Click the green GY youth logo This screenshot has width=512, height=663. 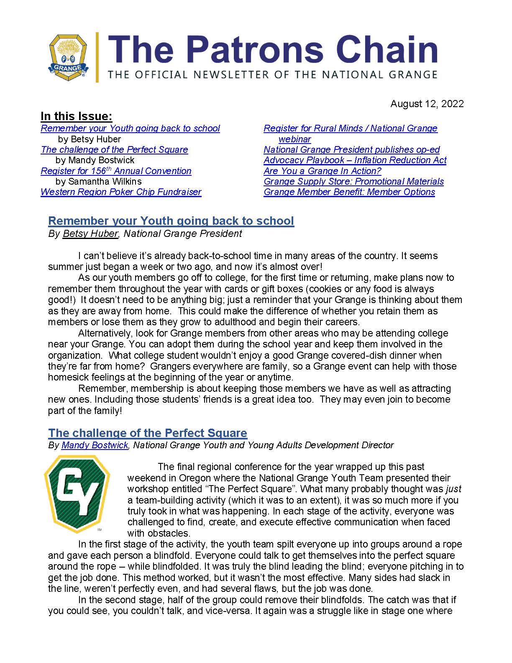click(x=77, y=494)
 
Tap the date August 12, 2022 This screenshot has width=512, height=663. click(x=427, y=104)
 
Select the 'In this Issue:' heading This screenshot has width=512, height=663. click(x=76, y=116)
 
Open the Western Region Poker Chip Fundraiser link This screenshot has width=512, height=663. click(x=121, y=192)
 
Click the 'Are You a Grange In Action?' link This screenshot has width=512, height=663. click(x=322, y=171)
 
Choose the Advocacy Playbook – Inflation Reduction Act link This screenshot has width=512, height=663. click(x=355, y=160)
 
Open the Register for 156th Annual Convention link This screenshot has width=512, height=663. click(x=116, y=171)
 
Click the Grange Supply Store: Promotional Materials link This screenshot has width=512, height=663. click(x=353, y=182)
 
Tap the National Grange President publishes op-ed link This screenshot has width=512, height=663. click(x=351, y=150)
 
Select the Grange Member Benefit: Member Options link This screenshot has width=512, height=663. click(x=349, y=192)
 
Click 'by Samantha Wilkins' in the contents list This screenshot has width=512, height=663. click(x=98, y=182)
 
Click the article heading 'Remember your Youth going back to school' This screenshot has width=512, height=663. click(x=171, y=221)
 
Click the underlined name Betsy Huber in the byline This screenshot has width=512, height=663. click(x=90, y=234)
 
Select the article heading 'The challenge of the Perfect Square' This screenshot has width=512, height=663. click(x=148, y=433)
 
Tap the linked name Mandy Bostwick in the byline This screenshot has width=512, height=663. click(x=95, y=445)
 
